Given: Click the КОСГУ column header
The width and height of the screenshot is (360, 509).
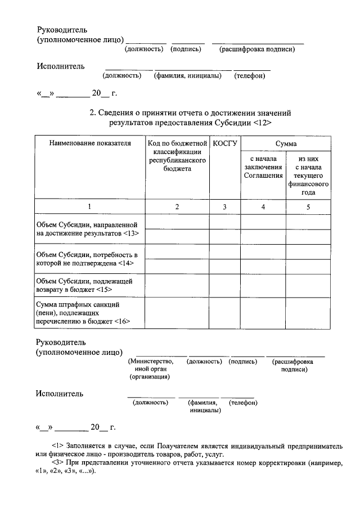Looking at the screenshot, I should tap(224, 143).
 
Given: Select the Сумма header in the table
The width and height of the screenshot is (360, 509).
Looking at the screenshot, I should tap(286, 143).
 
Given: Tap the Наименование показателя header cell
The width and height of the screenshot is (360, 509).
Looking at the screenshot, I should tap(90, 143).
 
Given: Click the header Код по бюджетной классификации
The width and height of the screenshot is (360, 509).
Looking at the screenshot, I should tap(177, 156).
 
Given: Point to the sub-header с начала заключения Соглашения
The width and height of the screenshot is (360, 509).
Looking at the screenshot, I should tap(263, 167).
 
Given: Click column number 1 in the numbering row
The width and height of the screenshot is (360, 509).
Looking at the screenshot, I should tap(89, 207).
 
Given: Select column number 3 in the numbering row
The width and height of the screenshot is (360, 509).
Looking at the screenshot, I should tap(224, 207).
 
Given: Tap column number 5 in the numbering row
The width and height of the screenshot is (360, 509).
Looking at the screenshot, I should tap(308, 207).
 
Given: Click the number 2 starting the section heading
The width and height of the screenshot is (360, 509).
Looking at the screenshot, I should tap(92, 112).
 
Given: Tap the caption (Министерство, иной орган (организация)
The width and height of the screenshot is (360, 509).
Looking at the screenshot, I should tap(151, 369).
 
